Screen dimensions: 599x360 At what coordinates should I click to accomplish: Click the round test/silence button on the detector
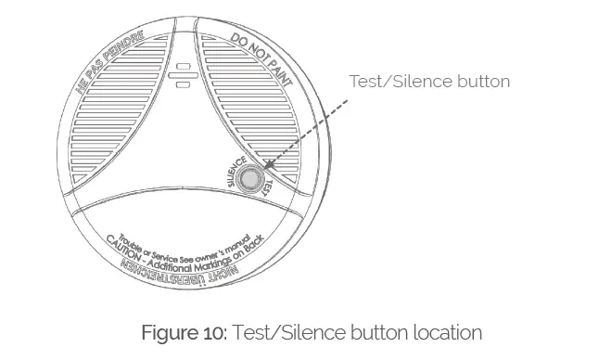pos(249,179)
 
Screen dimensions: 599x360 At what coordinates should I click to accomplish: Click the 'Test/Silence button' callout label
pos(429,82)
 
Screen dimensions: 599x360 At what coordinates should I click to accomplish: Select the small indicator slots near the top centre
pos(183,75)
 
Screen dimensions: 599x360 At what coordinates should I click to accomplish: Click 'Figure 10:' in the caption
pos(190,332)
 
